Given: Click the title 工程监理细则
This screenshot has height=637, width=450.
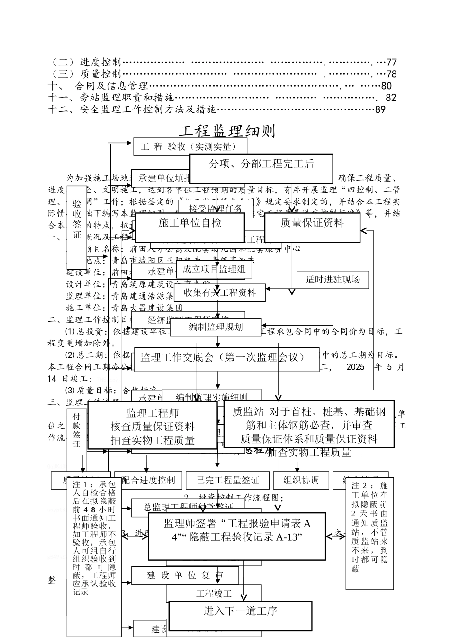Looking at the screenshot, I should (x=228, y=131).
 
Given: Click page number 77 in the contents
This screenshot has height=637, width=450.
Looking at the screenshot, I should (x=391, y=62).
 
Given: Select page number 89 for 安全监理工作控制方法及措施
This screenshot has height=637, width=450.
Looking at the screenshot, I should (x=380, y=109).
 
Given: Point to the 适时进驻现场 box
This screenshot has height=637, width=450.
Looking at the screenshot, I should (x=333, y=280).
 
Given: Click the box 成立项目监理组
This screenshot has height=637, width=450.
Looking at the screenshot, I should (x=214, y=270).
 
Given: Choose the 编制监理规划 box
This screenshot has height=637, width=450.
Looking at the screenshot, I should (x=216, y=327).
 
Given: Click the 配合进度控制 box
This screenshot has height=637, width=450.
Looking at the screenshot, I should (x=148, y=480).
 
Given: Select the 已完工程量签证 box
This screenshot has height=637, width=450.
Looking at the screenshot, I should (x=228, y=480).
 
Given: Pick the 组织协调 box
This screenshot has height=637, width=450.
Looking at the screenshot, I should (x=301, y=480).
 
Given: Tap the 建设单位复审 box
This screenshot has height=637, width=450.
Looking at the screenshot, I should (x=185, y=576).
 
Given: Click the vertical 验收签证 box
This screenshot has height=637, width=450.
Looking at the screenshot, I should (x=77, y=227).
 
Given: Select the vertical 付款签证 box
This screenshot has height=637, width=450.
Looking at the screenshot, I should (x=77, y=429).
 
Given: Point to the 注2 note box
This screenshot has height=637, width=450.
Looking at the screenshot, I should (x=370, y=533).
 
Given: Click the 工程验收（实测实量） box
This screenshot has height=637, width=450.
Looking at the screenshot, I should (x=190, y=147).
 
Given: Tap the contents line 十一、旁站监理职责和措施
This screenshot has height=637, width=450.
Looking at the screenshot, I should (x=111, y=98).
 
